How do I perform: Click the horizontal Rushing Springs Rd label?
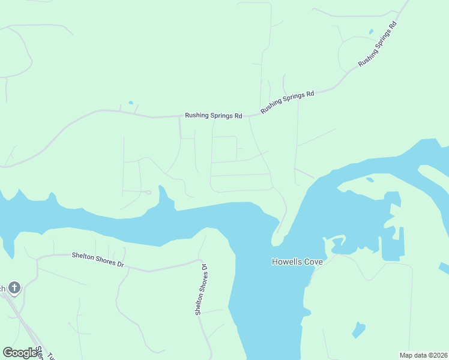(213, 115)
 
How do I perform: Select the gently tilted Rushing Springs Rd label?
(288, 103)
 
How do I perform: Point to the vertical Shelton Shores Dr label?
(200, 290)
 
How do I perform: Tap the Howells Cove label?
(297, 262)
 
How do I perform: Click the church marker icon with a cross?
(14, 288)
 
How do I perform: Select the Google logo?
(20, 353)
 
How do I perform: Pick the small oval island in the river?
(370, 178)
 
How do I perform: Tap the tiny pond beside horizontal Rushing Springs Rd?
(130, 103)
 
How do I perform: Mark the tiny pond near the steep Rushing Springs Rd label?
(370, 31)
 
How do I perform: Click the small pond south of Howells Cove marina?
(358, 329)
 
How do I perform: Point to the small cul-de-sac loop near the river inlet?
(148, 193)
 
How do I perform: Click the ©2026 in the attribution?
(438, 355)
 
